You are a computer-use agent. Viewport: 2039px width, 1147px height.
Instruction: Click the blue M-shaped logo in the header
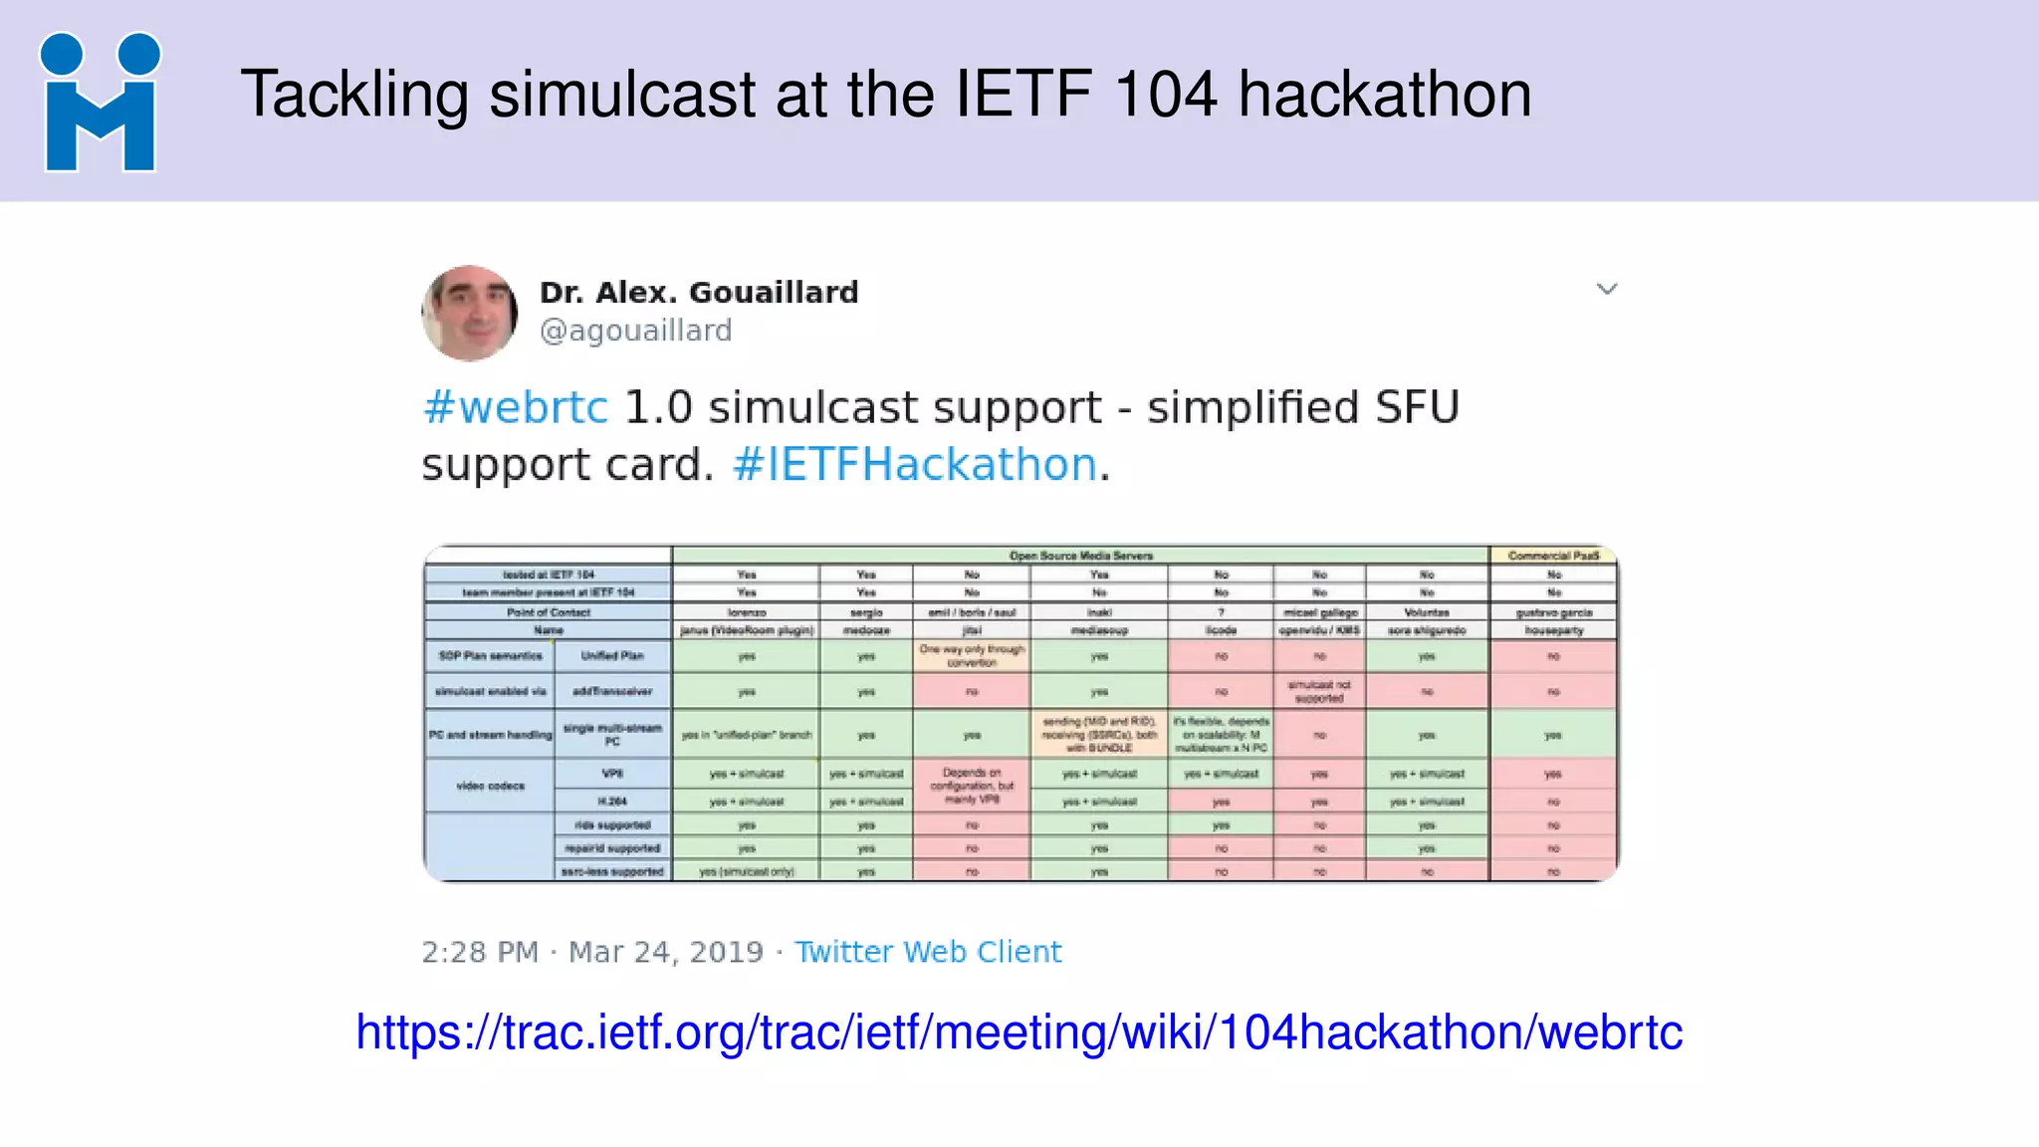[100, 103]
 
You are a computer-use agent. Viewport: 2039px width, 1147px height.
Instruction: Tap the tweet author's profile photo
[470, 313]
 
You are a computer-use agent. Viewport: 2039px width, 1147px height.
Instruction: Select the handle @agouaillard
[635, 331]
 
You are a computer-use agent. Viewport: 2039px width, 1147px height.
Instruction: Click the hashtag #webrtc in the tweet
[515, 408]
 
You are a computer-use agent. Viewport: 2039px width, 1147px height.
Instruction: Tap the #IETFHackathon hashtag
[914, 465]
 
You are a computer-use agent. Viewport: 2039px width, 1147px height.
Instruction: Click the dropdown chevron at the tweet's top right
[1606, 290]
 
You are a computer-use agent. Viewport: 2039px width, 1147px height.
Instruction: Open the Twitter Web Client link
[927, 952]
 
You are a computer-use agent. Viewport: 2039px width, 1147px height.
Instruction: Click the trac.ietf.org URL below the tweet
[1019, 1032]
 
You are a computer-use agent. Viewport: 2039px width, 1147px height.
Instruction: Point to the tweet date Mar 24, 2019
[665, 952]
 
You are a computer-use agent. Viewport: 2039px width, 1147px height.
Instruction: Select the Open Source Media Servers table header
[1080, 556]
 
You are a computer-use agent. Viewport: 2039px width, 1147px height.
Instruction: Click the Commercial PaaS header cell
[1553, 556]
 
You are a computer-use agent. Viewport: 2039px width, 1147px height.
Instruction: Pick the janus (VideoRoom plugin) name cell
[746, 630]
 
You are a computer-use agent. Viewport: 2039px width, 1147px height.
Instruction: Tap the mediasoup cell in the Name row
[1099, 630]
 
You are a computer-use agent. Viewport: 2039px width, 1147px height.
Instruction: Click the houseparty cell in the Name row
[1553, 630]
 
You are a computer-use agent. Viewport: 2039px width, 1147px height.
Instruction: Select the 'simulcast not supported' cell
[1319, 691]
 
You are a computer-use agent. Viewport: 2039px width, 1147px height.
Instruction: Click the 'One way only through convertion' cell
[972, 655]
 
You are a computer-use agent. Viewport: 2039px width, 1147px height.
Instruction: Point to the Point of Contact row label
[548, 612]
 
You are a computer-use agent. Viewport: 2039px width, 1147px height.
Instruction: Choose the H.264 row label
[612, 801]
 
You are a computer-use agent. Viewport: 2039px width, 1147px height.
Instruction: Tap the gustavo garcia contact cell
[1553, 612]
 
